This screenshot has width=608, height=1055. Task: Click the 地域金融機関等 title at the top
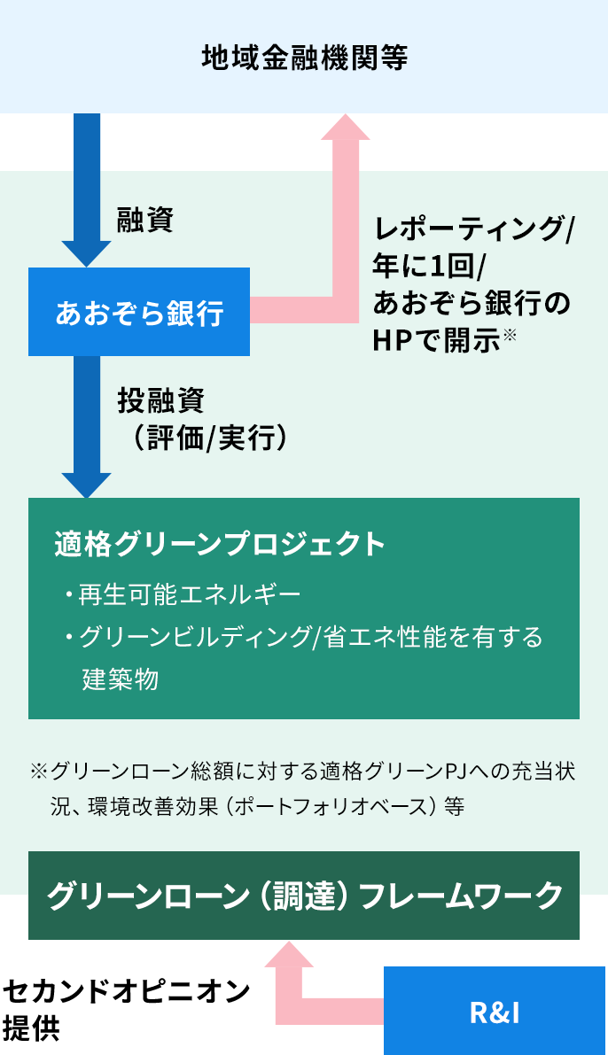click(304, 58)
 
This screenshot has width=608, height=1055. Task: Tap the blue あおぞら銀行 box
click(139, 313)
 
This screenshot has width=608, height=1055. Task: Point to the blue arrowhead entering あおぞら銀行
click(86, 253)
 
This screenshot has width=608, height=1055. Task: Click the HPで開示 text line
click(437, 340)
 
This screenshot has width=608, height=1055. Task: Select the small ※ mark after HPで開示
click(510, 334)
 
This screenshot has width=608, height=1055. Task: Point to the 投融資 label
click(161, 400)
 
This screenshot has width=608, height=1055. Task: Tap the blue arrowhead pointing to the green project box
click(86, 485)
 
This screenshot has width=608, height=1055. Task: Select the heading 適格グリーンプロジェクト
click(221, 543)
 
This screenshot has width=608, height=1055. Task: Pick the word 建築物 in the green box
click(121, 679)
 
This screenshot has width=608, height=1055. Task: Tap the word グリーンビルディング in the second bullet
click(194, 638)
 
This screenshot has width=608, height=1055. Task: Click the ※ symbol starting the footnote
click(38, 772)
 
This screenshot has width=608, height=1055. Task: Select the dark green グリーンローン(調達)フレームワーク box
click(304, 895)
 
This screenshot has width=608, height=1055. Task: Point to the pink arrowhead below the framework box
click(290, 954)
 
